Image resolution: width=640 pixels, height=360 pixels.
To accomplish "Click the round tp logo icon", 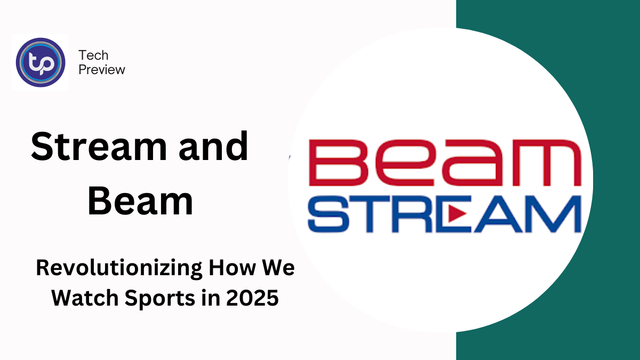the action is [x=41, y=62].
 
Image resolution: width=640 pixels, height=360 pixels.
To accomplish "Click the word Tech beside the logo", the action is [x=93, y=55].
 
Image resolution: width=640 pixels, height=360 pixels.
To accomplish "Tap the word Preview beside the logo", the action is [x=102, y=70].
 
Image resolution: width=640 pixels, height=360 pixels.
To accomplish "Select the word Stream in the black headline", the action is [x=99, y=146].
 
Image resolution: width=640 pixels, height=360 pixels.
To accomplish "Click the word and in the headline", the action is [x=213, y=146].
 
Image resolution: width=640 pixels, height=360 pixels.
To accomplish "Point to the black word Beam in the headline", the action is [x=140, y=200].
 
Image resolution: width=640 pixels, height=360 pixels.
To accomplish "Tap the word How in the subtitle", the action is [x=232, y=268].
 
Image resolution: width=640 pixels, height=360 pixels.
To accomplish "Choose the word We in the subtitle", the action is [x=278, y=268].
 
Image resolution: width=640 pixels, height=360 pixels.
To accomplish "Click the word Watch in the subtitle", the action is [x=85, y=298].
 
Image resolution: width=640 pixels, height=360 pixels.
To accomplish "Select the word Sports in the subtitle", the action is [x=160, y=299].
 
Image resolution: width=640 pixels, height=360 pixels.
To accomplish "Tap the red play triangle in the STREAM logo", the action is [x=457, y=213].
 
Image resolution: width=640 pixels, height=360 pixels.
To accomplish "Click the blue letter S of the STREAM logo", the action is [x=329, y=213].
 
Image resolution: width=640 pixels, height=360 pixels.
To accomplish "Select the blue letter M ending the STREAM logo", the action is [x=553, y=213].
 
